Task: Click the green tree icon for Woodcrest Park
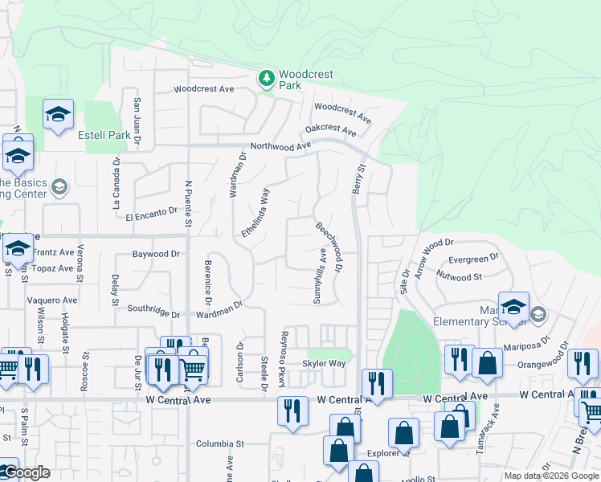click(266, 79)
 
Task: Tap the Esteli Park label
click(104, 135)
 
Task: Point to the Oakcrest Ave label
click(330, 129)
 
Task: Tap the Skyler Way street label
click(323, 364)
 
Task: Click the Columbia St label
click(219, 443)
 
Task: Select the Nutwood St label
click(458, 276)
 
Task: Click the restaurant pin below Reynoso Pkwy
click(292, 410)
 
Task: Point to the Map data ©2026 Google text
click(550, 476)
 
